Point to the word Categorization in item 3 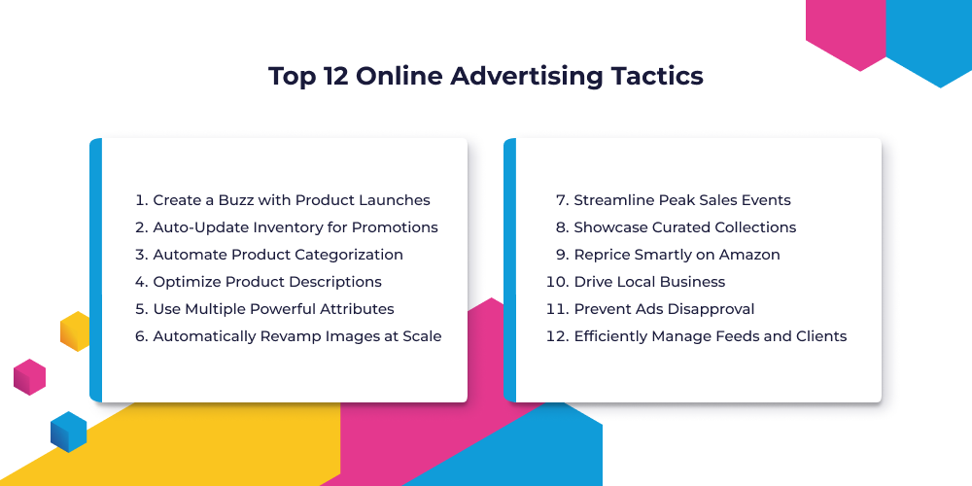click(350, 255)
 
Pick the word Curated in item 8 click(679, 227)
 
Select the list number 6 click(140, 336)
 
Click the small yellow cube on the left click(75, 331)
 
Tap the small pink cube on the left click(30, 377)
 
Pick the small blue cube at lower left click(68, 432)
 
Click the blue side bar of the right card click(509, 270)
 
